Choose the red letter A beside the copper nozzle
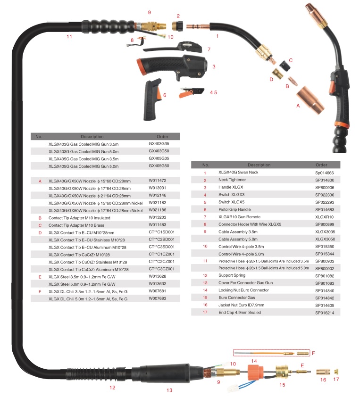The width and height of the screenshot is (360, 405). pos(298,106)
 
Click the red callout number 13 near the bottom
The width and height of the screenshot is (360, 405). pos(169,390)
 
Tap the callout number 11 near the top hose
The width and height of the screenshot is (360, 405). pos(69,36)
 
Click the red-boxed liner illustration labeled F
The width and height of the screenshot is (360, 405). pos(271,353)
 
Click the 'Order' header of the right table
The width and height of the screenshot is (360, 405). pos(321,165)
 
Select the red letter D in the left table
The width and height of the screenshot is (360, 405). pos(40,232)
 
